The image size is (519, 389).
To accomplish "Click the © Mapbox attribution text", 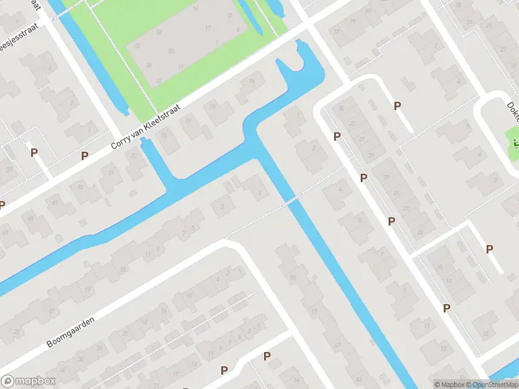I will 449,384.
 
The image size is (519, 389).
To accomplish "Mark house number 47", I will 337,344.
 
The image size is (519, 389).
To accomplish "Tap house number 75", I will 134,156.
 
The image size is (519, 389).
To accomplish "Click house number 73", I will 163,136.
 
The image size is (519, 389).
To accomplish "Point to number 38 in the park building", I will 149,65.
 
